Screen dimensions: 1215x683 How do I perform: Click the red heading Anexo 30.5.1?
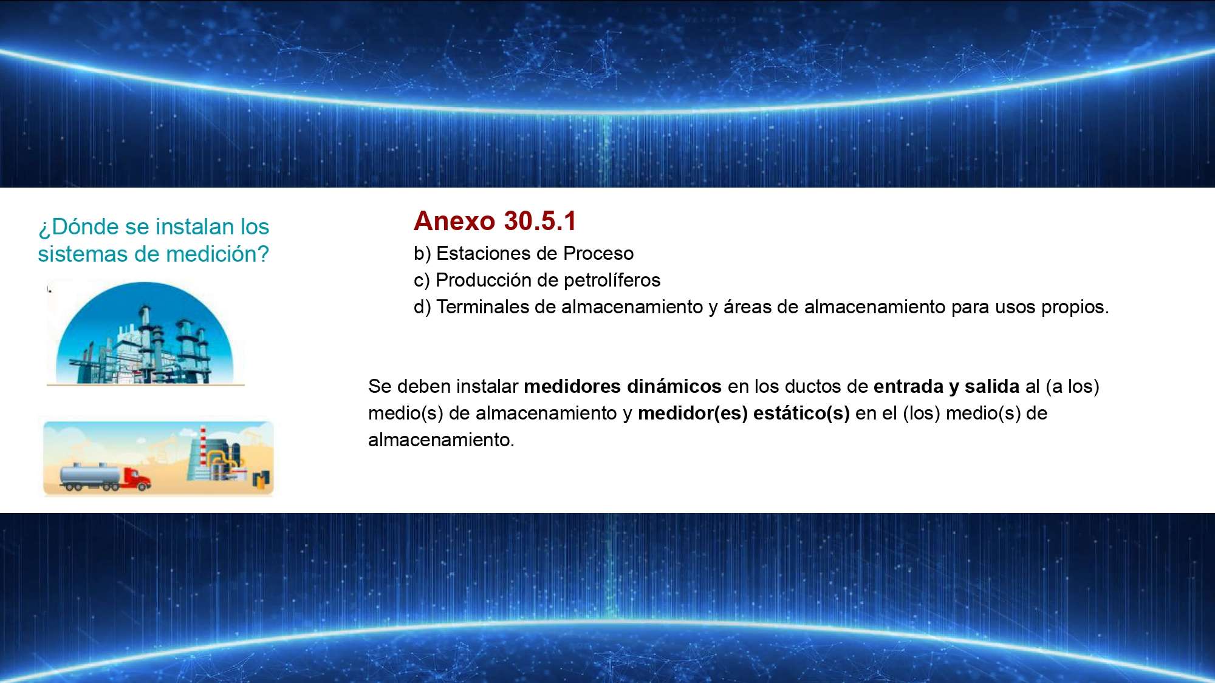(x=495, y=221)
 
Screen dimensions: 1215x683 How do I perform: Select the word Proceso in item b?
(x=598, y=253)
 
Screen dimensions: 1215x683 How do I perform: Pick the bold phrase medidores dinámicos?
(x=623, y=386)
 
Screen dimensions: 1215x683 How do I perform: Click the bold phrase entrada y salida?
(x=946, y=387)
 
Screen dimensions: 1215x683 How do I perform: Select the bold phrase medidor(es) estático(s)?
(x=744, y=413)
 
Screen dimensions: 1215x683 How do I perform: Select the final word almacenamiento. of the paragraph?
(x=441, y=440)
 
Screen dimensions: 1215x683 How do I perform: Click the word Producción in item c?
(x=484, y=280)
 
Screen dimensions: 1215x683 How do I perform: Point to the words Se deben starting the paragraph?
(x=409, y=386)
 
